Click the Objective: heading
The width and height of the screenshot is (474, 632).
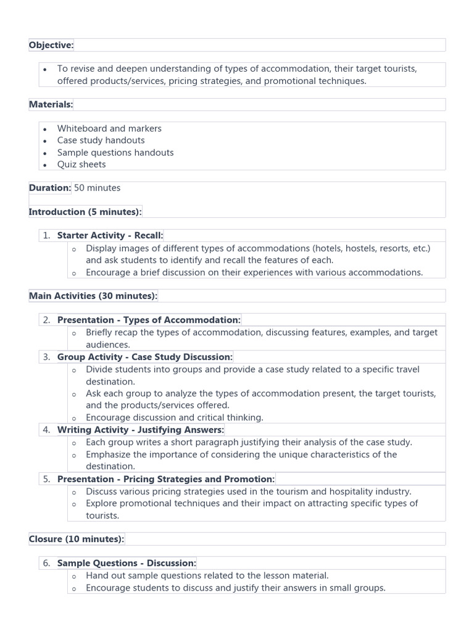click(51, 45)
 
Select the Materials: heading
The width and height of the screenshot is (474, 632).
click(51, 104)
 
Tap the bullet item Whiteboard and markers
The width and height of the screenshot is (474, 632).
click(109, 128)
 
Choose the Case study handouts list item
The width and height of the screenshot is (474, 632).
click(101, 140)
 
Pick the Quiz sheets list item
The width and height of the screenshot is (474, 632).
click(81, 164)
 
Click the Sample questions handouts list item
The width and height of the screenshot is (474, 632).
click(115, 152)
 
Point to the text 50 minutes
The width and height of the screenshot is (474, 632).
click(98, 188)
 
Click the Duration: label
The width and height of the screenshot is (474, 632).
click(50, 188)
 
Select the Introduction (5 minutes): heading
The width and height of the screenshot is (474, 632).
click(85, 212)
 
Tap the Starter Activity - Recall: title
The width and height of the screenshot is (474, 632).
click(110, 235)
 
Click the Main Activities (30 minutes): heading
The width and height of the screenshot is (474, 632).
click(93, 296)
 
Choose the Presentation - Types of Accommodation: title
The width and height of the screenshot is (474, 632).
click(149, 320)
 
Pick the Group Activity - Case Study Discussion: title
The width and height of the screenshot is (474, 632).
click(145, 357)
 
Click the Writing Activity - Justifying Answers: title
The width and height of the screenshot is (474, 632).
click(141, 430)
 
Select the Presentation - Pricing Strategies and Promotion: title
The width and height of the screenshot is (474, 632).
click(166, 479)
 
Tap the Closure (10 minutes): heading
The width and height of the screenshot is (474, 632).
click(77, 539)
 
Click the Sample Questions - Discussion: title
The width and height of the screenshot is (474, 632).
click(127, 563)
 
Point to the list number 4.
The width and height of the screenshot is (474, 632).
click(46, 430)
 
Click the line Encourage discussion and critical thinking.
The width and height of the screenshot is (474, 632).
click(175, 417)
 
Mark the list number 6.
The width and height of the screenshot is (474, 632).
click(46, 563)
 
